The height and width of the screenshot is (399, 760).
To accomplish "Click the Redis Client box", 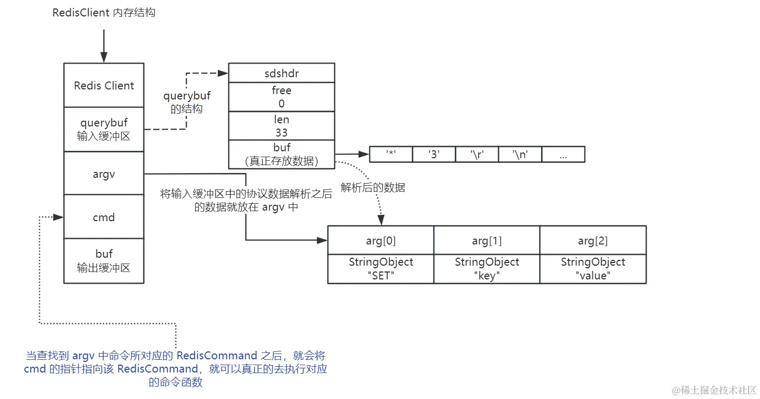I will pyautogui.click(x=104, y=85).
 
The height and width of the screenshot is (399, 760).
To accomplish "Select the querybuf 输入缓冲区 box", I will pyautogui.click(x=104, y=130).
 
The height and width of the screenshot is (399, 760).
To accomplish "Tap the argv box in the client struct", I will pyautogui.click(x=104, y=174).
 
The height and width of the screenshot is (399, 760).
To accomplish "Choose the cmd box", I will pyautogui.click(x=104, y=217).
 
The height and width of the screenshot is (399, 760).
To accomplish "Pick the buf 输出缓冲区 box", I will pyautogui.click(x=104, y=261).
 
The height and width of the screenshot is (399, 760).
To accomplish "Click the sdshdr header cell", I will pyautogui.click(x=281, y=73).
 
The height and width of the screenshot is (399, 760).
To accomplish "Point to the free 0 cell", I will pyautogui.click(x=281, y=97).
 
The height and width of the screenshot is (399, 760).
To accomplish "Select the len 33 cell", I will pyautogui.click(x=281, y=126).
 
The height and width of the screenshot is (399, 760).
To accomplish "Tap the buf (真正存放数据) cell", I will pyautogui.click(x=281, y=155).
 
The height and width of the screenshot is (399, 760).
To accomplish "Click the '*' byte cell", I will pyautogui.click(x=391, y=155).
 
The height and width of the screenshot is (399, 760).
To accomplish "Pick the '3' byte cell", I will pyautogui.click(x=434, y=155).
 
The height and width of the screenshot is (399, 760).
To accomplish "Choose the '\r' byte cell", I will pyautogui.click(x=477, y=155).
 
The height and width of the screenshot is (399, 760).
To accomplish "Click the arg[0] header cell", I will pyautogui.click(x=381, y=241).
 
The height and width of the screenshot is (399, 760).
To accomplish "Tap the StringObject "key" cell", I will pyautogui.click(x=487, y=269).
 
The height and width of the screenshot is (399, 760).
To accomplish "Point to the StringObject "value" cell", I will pyautogui.click(x=593, y=269).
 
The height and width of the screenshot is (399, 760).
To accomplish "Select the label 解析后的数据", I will pyautogui.click(x=373, y=188).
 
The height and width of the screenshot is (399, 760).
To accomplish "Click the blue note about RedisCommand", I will pyautogui.click(x=176, y=369).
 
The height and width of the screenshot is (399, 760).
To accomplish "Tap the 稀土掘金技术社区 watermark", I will pyautogui.click(x=714, y=390).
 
